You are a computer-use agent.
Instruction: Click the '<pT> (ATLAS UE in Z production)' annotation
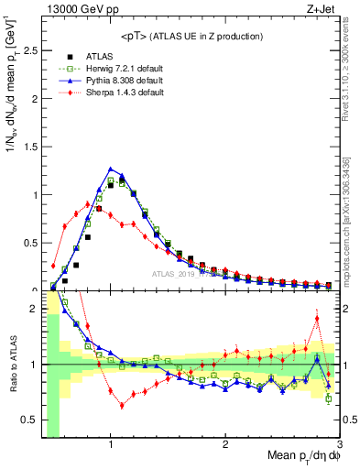click(x=191, y=36)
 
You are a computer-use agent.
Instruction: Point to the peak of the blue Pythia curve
click(x=111, y=169)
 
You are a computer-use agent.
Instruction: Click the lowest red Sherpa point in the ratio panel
click(x=122, y=405)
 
